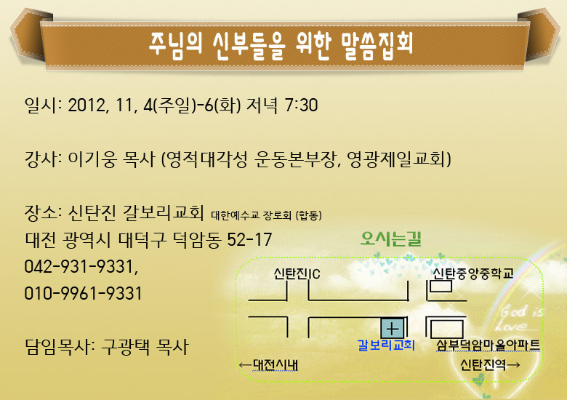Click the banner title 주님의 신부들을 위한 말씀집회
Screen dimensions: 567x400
click(281, 46)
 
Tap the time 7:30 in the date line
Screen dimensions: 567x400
click(301, 105)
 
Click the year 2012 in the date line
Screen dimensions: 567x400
click(87, 105)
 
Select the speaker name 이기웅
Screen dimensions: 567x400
click(92, 159)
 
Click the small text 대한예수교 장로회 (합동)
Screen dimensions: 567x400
click(267, 215)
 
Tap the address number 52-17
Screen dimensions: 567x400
click(249, 239)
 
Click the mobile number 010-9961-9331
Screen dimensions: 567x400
click(83, 293)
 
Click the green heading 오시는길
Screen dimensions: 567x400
click(391, 239)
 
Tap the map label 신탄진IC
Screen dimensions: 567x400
click(297, 273)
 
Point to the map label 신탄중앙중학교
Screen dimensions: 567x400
click(473, 273)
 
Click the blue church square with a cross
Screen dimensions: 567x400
click(393, 329)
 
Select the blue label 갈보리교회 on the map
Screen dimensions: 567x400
click(386, 345)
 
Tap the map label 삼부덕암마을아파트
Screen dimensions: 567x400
click(488, 345)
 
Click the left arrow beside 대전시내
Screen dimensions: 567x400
click(246, 365)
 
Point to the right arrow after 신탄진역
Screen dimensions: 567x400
click(513, 364)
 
